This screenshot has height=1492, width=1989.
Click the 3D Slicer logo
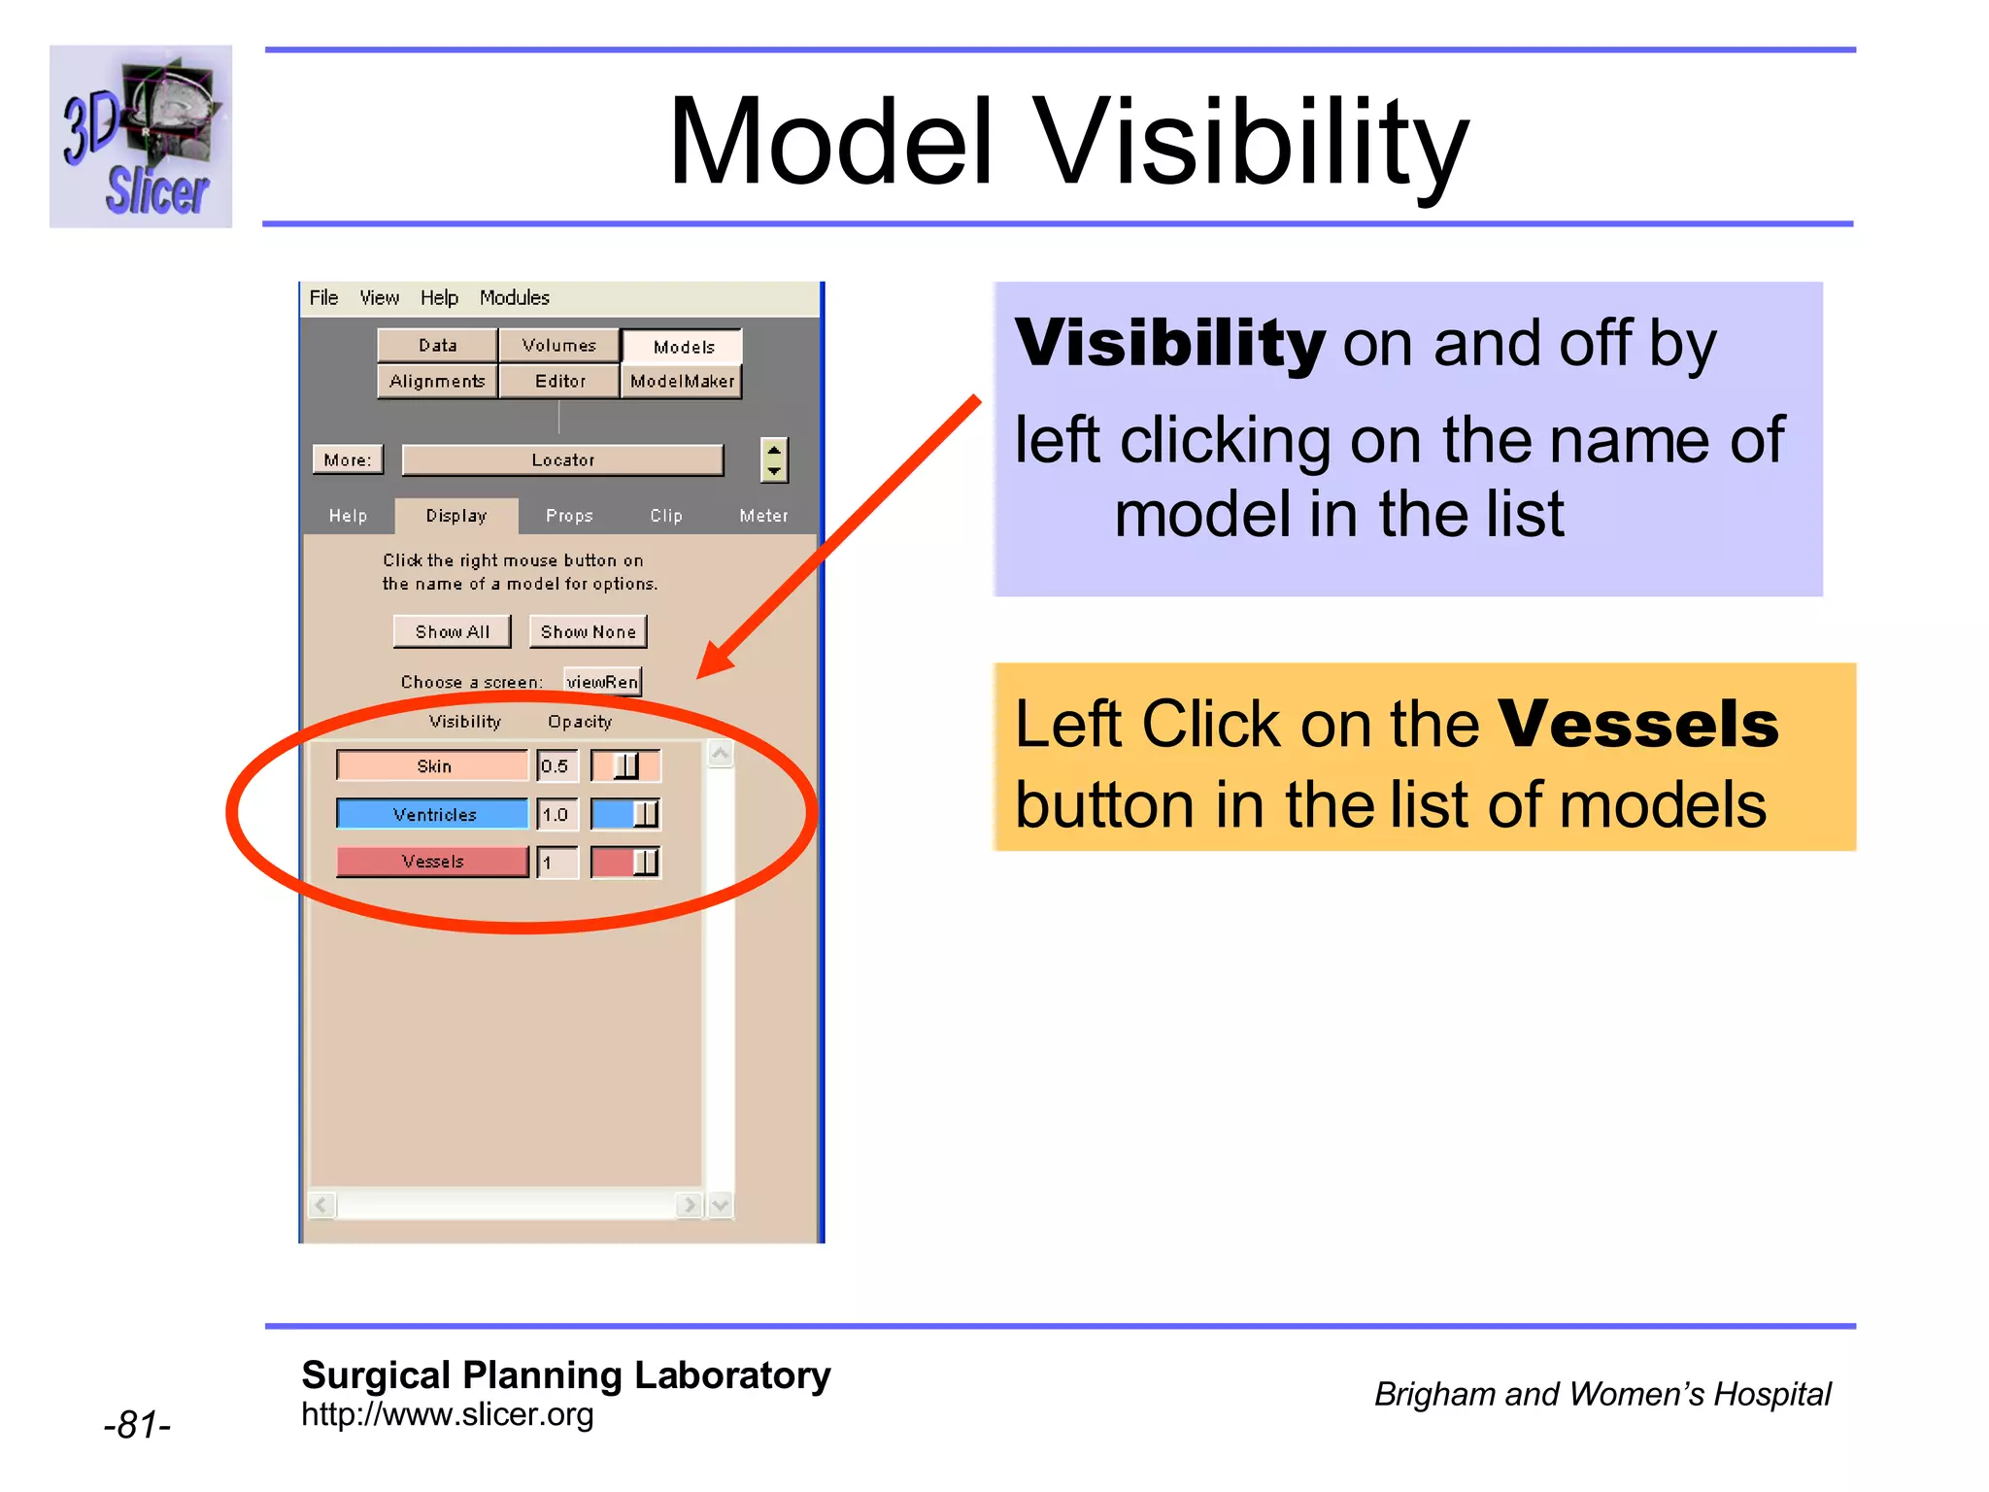pyautogui.click(x=141, y=137)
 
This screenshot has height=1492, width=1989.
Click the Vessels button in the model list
pyautogui.click(x=432, y=862)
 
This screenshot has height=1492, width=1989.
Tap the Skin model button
pyautogui.click(x=432, y=766)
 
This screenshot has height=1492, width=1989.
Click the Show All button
pyautogui.click(x=452, y=632)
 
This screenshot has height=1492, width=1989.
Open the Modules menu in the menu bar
pyautogui.click(x=514, y=298)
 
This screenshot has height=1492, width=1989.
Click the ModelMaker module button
pyautogui.click(x=682, y=382)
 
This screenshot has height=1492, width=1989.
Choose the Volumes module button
pyautogui.click(x=558, y=346)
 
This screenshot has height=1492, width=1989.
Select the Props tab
pyautogui.click(x=569, y=516)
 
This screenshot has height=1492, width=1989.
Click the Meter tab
pyautogui.click(x=763, y=516)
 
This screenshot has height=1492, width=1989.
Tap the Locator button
pyautogui.click(x=562, y=460)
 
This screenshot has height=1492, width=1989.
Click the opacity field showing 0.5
pyautogui.click(x=556, y=766)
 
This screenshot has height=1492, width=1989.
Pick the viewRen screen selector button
pyautogui.click(x=602, y=682)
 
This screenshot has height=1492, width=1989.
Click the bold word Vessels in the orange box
pyautogui.click(x=1637, y=725)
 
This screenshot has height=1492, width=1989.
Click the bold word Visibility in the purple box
pyautogui.click(x=1169, y=344)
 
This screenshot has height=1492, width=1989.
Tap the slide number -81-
pyautogui.click(x=137, y=1425)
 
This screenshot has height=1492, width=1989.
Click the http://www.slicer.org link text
pyautogui.click(x=447, y=1415)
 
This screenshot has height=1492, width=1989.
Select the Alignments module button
pyautogui.click(x=437, y=382)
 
